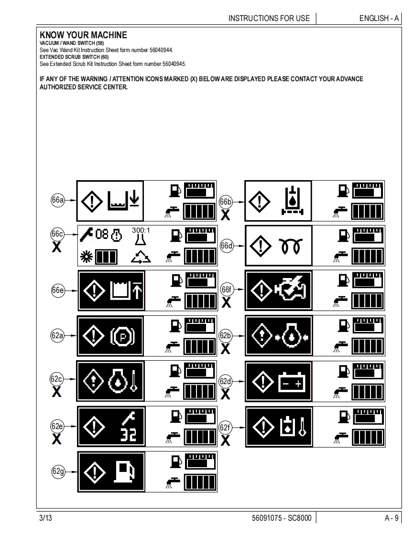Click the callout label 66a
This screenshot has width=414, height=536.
(57, 200)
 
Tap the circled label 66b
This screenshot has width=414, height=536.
(226, 202)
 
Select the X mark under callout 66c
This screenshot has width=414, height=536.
(56, 247)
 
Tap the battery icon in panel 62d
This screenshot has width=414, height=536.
(292, 383)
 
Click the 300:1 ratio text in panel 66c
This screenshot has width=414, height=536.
(141, 230)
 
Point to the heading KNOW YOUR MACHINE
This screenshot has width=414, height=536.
(83, 35)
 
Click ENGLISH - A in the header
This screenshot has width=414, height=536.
(379, 18)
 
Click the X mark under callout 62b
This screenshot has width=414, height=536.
(226, 349)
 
